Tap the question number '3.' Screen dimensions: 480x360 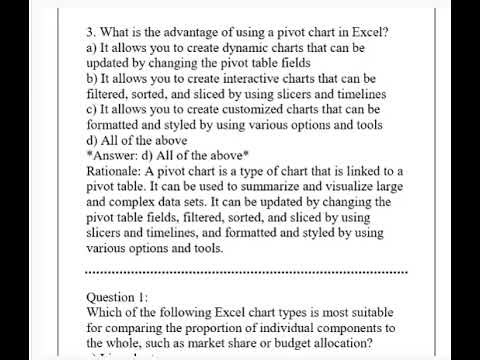click(x=92, y=31)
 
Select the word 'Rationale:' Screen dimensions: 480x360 click(x=120, y=171)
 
